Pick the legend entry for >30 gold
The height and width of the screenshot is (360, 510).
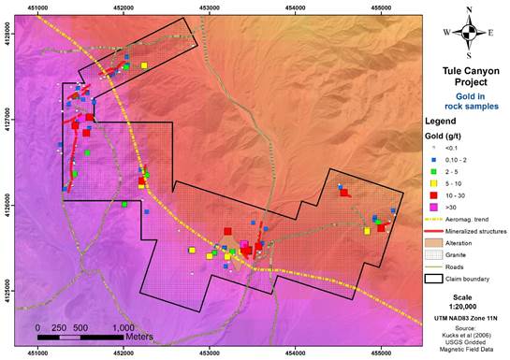pos(446,206)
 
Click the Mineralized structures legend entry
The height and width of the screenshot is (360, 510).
pos(466,230)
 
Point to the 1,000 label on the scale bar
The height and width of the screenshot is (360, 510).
pos(122,328)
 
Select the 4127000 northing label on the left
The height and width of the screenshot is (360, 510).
pos(8,120)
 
